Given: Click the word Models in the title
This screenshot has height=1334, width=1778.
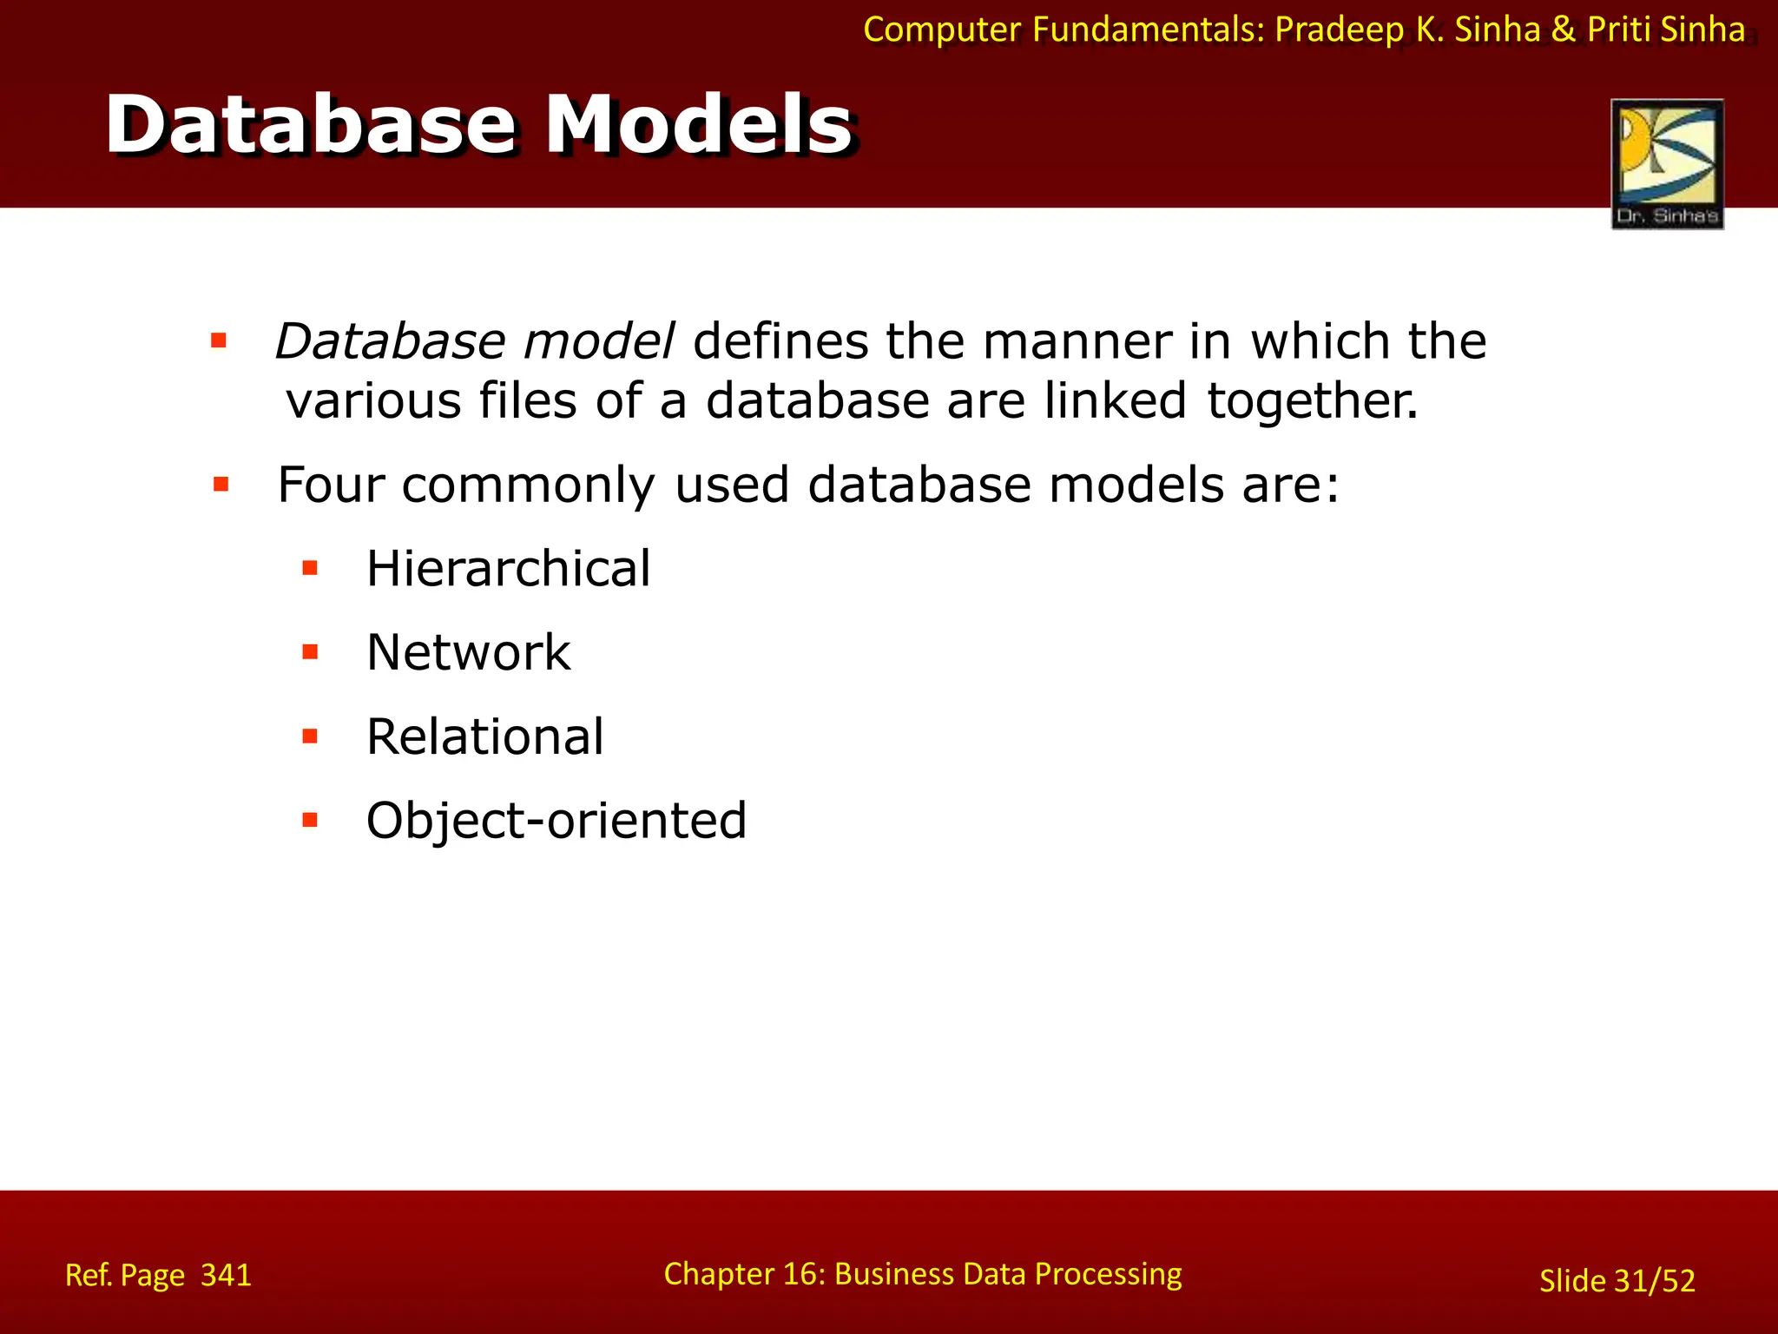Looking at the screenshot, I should tap(699, 126).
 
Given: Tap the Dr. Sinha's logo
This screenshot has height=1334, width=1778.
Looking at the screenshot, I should tap(1667, 163).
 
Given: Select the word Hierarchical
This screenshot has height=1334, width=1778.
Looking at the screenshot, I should tap(508, 569).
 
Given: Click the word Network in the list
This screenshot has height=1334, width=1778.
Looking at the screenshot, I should tap(469, 652).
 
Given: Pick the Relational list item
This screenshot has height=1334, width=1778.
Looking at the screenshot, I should tap(484, 736).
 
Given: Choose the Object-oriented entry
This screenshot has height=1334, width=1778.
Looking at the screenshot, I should tap(556, 820).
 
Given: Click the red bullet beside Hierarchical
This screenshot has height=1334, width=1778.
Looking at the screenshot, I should tap(310, 569).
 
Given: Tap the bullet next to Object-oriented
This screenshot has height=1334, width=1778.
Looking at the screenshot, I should tap(310, 820).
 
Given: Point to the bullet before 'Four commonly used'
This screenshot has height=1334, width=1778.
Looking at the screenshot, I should tap(221, 485).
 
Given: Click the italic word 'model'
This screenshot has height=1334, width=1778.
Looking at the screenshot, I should tap(599, 340).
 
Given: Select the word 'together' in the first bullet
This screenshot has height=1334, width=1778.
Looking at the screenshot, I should tap(1311, 401).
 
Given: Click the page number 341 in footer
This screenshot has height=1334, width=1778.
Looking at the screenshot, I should tap(226, 1275).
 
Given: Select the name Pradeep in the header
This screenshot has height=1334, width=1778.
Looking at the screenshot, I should tap(1339, 30).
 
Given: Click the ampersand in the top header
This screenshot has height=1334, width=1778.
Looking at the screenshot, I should tap(1563, 30).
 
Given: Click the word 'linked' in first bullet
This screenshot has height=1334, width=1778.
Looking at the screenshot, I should tap(1115, 401).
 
